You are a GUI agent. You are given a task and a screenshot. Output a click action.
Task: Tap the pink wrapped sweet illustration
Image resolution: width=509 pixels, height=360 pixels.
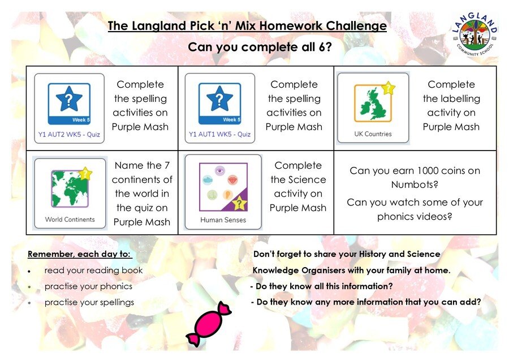point(208,324)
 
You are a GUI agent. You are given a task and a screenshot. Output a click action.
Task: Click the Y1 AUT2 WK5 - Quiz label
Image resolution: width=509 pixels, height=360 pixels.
point(69,134)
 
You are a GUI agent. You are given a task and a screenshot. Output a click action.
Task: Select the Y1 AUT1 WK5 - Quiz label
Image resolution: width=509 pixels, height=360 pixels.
point(220,134)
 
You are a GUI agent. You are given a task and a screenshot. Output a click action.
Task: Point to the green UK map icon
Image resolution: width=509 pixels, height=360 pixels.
point(373,103)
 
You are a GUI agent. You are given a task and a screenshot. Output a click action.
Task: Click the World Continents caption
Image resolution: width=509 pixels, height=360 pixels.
point(70,219)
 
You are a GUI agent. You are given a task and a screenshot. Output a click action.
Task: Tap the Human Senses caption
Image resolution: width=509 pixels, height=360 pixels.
point(223,220)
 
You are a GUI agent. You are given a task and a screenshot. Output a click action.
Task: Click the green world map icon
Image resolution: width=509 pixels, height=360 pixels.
point(70,188)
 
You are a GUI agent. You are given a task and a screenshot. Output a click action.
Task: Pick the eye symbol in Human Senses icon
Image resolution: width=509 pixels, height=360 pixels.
point(220,170)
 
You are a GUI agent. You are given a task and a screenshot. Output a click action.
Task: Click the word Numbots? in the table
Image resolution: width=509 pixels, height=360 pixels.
point(415,185)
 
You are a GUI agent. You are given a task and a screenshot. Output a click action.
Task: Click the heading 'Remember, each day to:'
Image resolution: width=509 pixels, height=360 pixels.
point(79,254)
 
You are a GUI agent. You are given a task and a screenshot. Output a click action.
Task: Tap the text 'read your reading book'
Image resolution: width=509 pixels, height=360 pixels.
point(93,271)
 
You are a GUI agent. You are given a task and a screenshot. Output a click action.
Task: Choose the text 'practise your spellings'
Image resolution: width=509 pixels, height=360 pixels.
point(89,302)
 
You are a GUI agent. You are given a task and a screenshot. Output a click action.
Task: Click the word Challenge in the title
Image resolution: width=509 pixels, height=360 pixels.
point(356,25)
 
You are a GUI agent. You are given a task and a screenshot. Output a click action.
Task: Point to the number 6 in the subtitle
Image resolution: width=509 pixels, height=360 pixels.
point(322,47)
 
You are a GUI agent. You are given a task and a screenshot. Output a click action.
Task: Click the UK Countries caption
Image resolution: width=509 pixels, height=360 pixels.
point(373,134)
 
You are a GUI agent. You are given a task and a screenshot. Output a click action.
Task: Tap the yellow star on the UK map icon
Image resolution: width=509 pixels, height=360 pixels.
point(388,88)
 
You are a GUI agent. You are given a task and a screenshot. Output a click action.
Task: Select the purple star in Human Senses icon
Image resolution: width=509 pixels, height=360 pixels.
point(239,203)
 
